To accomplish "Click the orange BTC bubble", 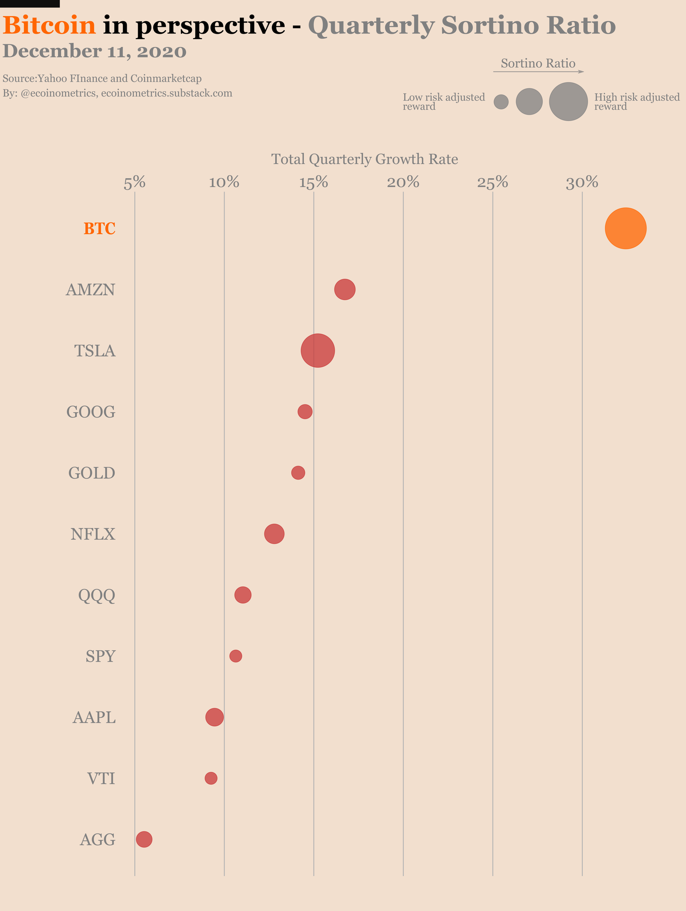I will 625,229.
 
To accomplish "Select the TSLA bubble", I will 318,351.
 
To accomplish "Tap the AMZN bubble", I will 345,289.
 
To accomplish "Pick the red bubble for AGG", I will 144,839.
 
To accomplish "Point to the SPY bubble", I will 236,656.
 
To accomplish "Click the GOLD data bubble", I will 298,473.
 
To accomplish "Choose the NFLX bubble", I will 274,534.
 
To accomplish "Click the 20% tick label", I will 403,183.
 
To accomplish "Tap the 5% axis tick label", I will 134,183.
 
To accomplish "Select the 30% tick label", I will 582,183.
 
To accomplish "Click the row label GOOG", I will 91,412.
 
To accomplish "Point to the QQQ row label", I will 97,596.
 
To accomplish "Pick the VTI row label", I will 101,779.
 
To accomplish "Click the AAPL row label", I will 94,718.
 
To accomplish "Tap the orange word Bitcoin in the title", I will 49,25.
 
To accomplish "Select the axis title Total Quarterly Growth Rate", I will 365,159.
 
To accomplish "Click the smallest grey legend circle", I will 501,102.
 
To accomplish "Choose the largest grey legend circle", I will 568,102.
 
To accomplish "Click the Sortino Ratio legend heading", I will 538,64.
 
